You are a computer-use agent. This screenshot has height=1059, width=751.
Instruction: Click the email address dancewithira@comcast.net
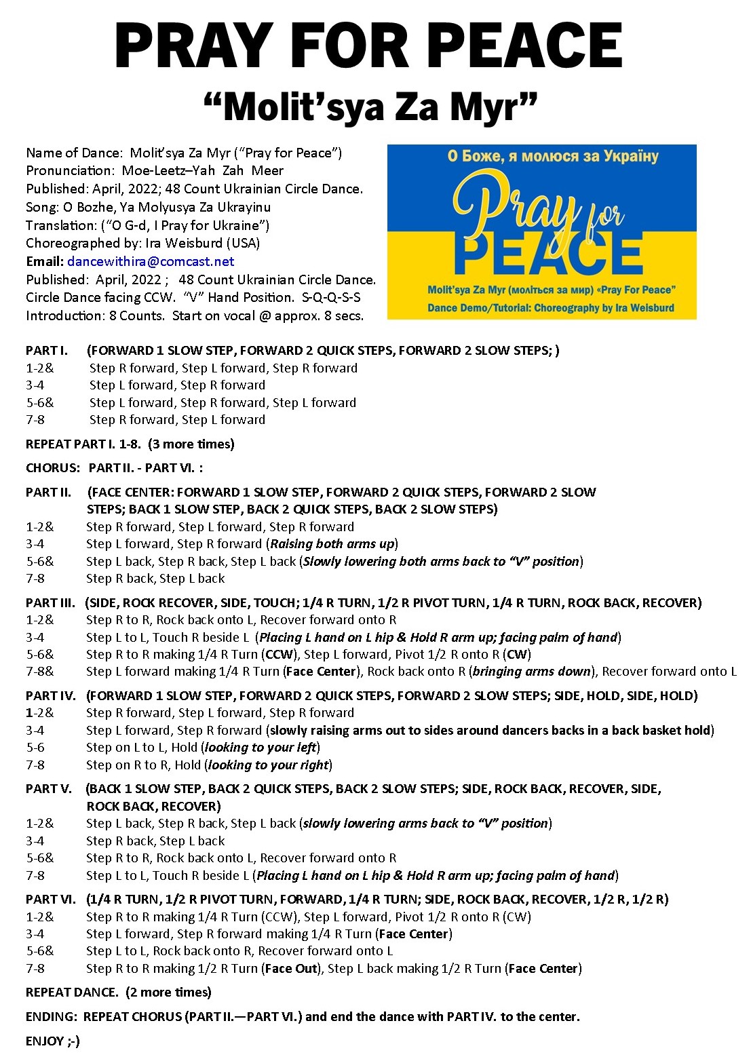151,261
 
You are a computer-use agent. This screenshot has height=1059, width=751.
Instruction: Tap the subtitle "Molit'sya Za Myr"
370,107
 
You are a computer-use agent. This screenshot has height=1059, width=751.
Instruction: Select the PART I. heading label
47,351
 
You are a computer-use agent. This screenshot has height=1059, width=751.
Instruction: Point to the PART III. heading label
50,602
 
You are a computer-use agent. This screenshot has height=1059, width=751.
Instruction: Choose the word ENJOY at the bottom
45,1041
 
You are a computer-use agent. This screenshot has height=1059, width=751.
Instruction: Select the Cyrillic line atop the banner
553,157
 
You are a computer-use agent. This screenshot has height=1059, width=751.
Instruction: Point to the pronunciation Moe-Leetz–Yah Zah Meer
202,170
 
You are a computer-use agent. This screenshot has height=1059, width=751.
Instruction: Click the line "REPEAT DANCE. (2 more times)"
119,992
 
